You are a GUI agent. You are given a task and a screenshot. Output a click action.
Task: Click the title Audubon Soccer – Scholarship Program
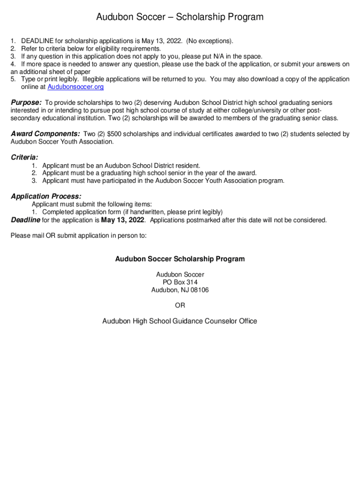point(180,17)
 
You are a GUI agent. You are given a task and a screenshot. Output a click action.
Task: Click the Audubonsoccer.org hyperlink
point(76,87)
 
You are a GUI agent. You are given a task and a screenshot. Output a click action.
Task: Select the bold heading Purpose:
point(26,102)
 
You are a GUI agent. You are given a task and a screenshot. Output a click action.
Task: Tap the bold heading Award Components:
point(45,134)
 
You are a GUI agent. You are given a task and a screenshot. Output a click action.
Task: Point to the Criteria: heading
point(24,157)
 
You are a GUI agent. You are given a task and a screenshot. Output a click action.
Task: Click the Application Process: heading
point(46,196)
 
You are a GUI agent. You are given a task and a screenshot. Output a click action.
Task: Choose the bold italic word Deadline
point(26,220)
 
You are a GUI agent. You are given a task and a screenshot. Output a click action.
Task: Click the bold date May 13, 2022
point(122,220)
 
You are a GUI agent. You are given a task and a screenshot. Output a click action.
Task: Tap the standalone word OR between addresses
point(180,305)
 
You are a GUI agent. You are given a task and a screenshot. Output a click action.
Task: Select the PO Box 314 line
point(180,283)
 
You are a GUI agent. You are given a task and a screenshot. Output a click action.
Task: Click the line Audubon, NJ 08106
point(180,290)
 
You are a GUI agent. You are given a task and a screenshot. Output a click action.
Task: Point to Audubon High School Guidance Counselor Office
point(180,321)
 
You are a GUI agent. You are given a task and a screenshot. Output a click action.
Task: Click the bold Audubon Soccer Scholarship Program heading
point(180,259)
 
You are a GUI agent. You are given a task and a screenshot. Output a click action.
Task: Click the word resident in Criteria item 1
point(187,166)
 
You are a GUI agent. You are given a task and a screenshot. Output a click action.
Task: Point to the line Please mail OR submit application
point(79,236)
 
